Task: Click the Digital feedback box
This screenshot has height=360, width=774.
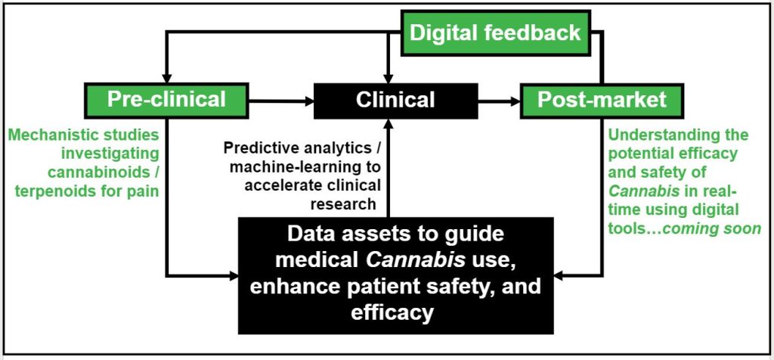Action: coord(495,33)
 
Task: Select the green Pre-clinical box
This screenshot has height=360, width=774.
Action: coord(166,99)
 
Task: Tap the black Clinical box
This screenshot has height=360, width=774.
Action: coord(395,99)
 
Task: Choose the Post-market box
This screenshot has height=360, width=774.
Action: coord(602,99)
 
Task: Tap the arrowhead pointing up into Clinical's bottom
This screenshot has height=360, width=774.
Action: coord(389,123)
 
